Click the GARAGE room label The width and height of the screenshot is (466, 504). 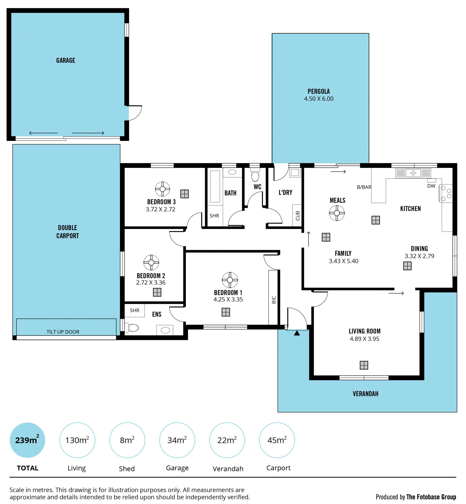tap(66, 60)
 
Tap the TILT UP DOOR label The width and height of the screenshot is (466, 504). tap(63, 332)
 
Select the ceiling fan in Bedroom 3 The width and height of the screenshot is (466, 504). tap(162, 189)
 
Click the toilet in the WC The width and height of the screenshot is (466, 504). tap(255, 175)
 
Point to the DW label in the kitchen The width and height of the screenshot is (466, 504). tap(431, 186)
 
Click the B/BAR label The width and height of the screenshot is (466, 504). tap(364, 187)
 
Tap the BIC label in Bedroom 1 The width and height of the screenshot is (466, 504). tap(274, 300)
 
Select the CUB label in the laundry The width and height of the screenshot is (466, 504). tap(298, 216)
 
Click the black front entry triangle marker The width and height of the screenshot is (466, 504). tap(297, 333)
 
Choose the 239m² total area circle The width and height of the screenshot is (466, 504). tap(27, 440)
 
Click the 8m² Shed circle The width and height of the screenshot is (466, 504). tap(127, 440)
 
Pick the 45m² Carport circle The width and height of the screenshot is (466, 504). tap(277, 440)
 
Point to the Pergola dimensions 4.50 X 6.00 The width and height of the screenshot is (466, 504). tap(319, 99)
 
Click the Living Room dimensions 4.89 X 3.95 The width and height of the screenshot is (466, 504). tap(364, 339)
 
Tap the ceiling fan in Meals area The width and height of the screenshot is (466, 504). tap(337, 213)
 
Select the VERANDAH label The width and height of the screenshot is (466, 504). tap(365, 394)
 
